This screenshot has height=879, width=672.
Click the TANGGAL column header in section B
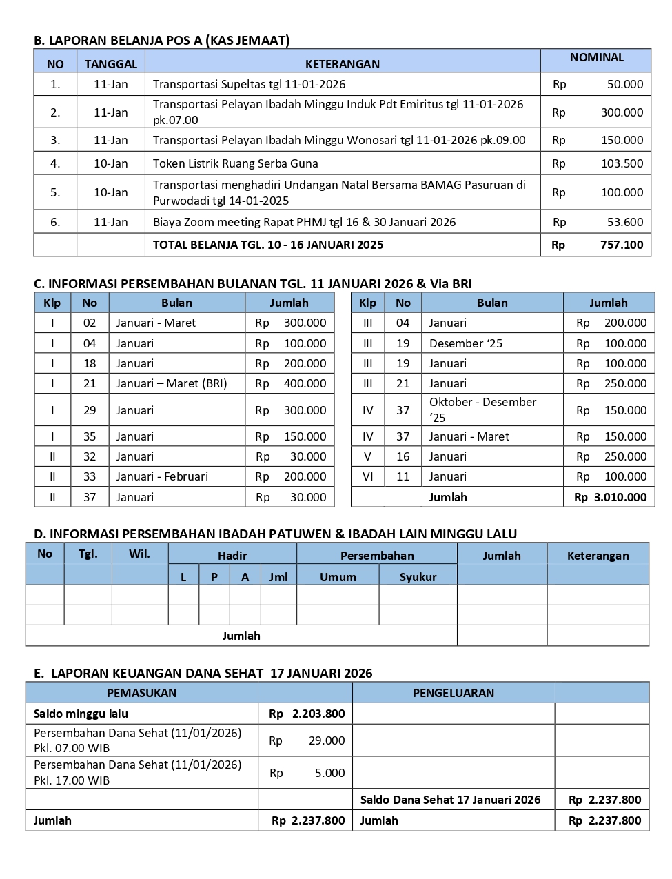pos(110,64)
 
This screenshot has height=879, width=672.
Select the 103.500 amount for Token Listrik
pos(622,163)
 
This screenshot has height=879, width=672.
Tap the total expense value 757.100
pos(622,245)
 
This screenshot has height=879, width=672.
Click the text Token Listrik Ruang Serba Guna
pos(235,163)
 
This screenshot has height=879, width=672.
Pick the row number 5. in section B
pos(55,192)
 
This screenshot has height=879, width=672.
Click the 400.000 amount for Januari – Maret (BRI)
pos(305,383)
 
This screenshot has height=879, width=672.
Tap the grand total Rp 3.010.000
pos(610,497)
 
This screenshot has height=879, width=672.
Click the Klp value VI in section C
pos(367,476)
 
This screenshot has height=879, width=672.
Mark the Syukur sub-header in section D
pos(418,577)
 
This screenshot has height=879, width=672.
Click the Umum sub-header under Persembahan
pos(338,577)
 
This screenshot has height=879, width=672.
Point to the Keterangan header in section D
pos(598,556)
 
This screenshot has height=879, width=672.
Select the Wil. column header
pos(139,554)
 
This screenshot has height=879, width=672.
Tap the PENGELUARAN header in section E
pos(453,693)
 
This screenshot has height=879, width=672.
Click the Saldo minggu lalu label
pos(81,714)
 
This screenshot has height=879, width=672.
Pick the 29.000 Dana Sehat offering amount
pos(327,740)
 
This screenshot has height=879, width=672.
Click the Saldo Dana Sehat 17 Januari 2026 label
pos(450,800)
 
